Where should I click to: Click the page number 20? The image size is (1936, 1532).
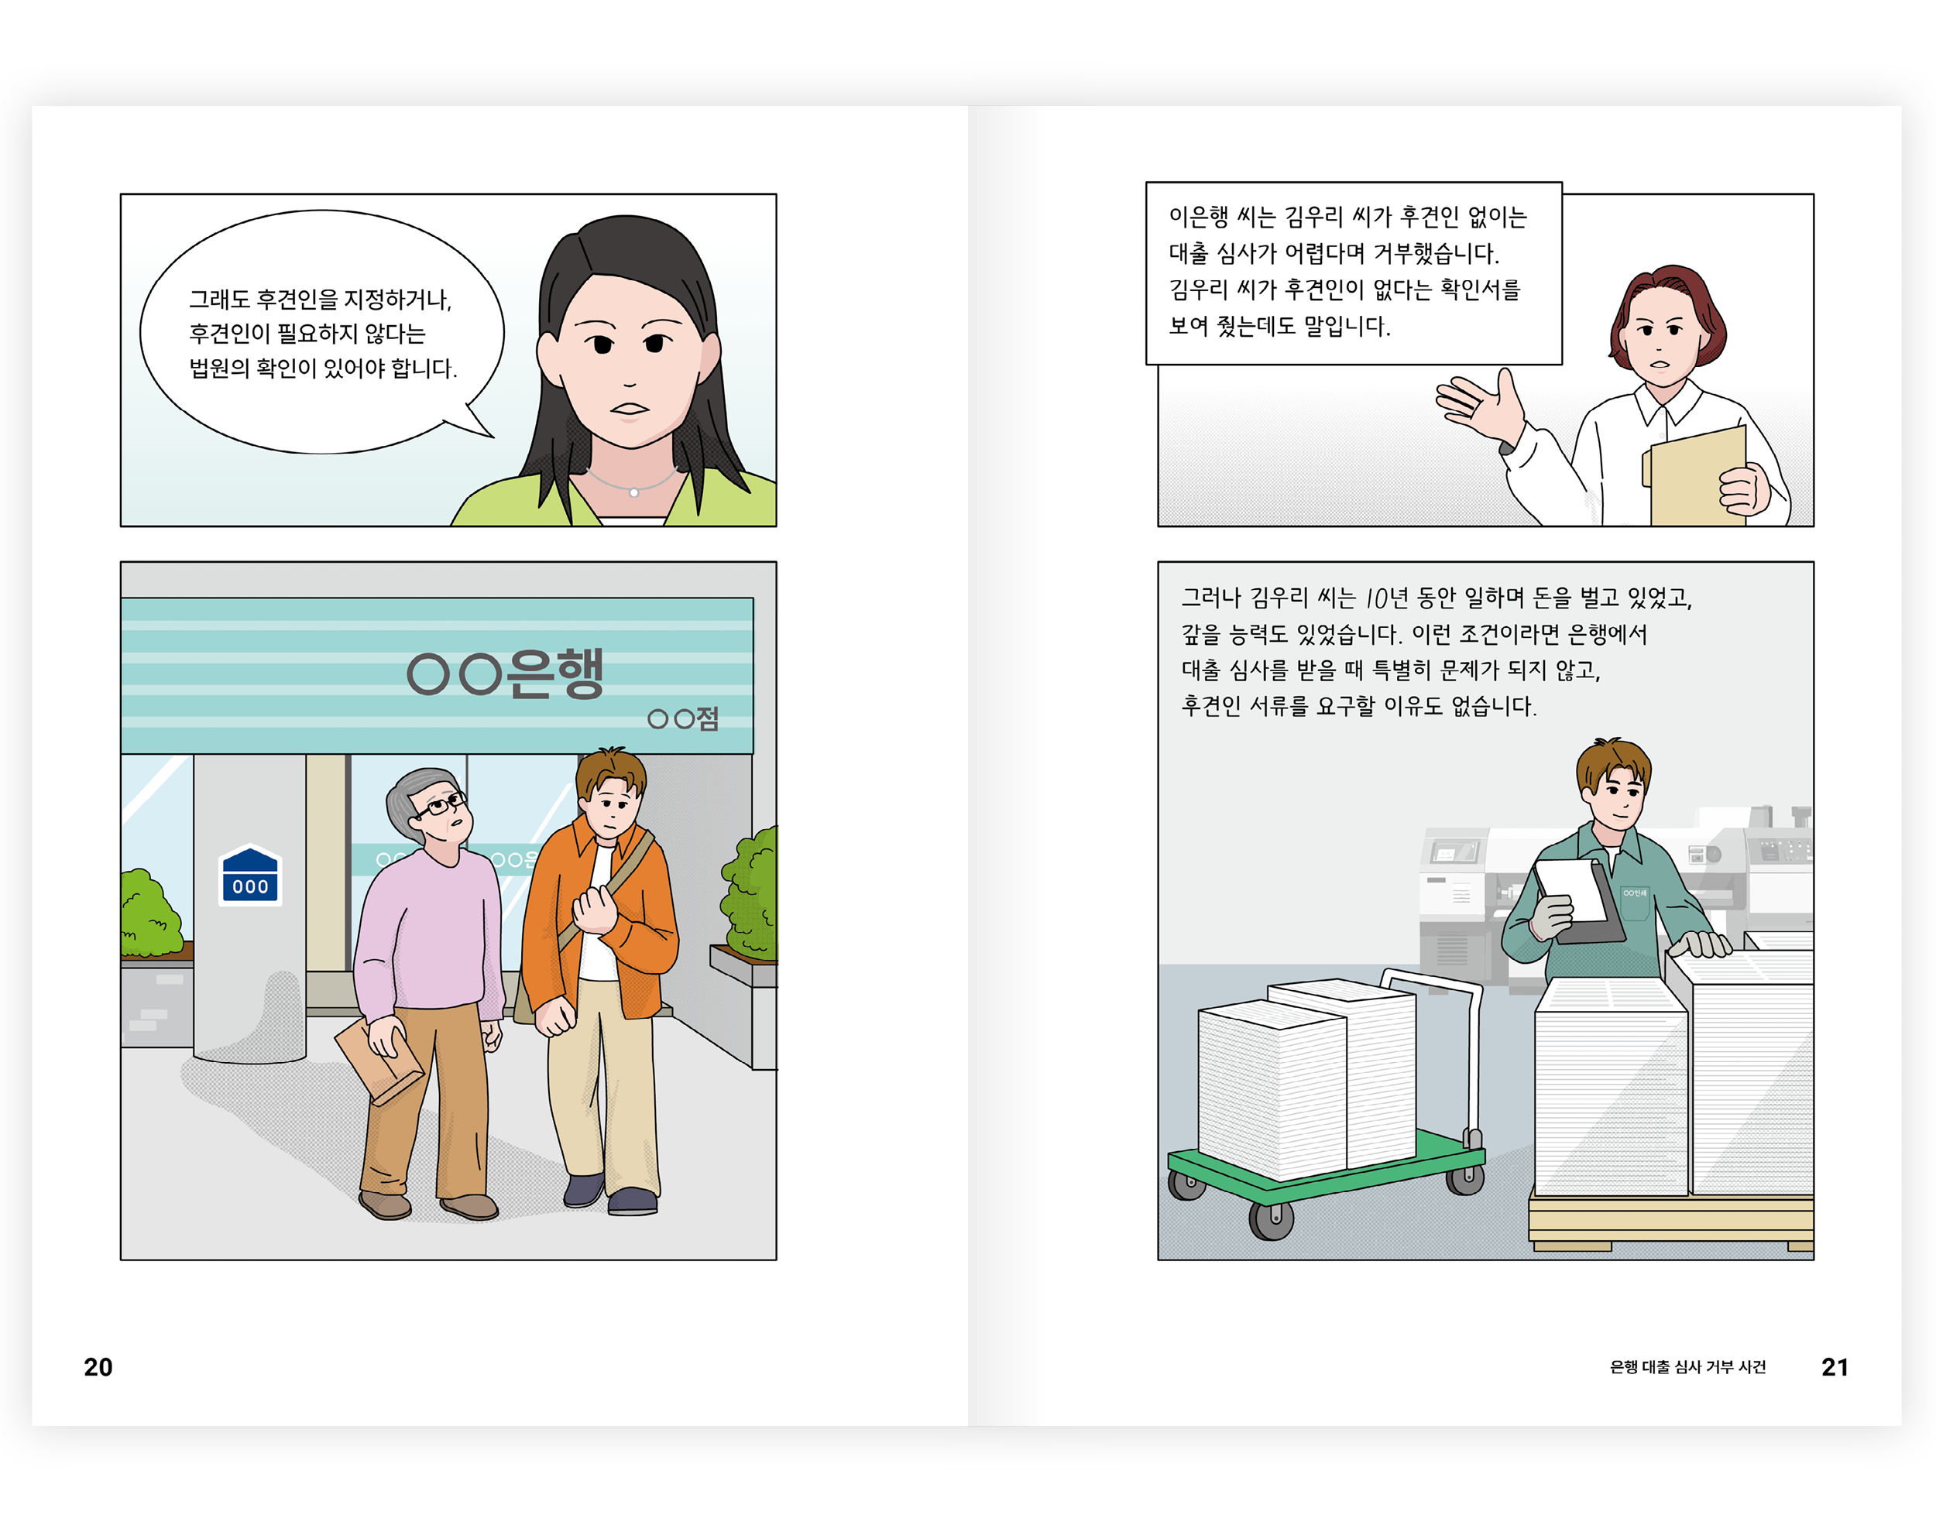tap(98, 1367)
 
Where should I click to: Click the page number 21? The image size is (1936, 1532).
tap(1835, 1367)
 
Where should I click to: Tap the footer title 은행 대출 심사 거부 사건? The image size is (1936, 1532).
tap(1687, 1367)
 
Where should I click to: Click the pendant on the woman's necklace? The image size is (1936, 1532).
tap(634, 492)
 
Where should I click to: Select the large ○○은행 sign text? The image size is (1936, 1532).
tap(505, 673)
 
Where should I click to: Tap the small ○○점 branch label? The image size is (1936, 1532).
tap(683, 718)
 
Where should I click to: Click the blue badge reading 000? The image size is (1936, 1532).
tap(250, 876)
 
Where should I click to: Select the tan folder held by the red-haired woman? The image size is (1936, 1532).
tap(1697, 477)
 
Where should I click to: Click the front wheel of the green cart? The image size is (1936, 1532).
tap(1272, 1220)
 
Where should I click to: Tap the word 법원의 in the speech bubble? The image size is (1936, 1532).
tap(219, 368)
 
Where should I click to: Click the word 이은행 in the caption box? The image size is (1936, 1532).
tap(1199, 216)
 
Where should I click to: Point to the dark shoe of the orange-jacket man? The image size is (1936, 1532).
tap(633, 1201)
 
